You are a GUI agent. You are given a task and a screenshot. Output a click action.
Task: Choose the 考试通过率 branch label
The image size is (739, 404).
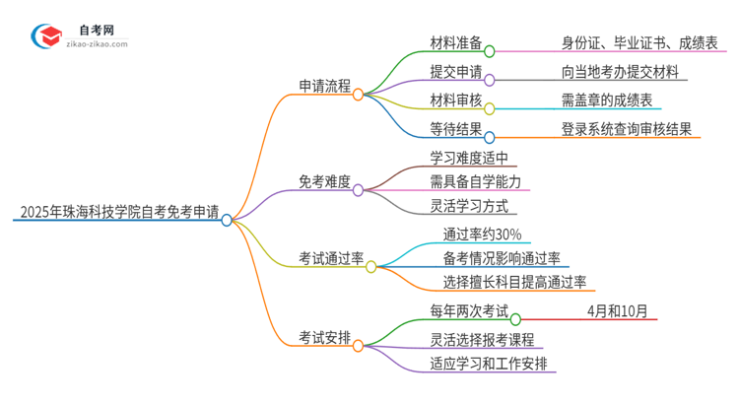tap(332, 258)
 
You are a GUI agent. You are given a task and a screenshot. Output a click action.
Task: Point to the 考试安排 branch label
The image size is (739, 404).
tap(326, 337)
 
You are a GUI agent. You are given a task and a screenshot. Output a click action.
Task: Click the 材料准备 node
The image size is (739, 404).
tap(456, 42)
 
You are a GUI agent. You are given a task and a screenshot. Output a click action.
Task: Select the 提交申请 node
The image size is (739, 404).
tap(456, 71)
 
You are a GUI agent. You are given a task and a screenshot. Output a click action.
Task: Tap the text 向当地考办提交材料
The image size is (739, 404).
tap(620, 71)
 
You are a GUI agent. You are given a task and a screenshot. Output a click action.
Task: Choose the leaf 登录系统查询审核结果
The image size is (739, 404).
tap(626, 128)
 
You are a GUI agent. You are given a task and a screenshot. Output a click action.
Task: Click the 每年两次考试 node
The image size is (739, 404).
tap(469, 312)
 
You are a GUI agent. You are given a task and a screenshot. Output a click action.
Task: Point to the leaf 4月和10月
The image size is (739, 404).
tap(617, 312)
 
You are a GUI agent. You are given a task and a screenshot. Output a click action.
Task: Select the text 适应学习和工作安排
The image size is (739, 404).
tap(493, 363)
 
